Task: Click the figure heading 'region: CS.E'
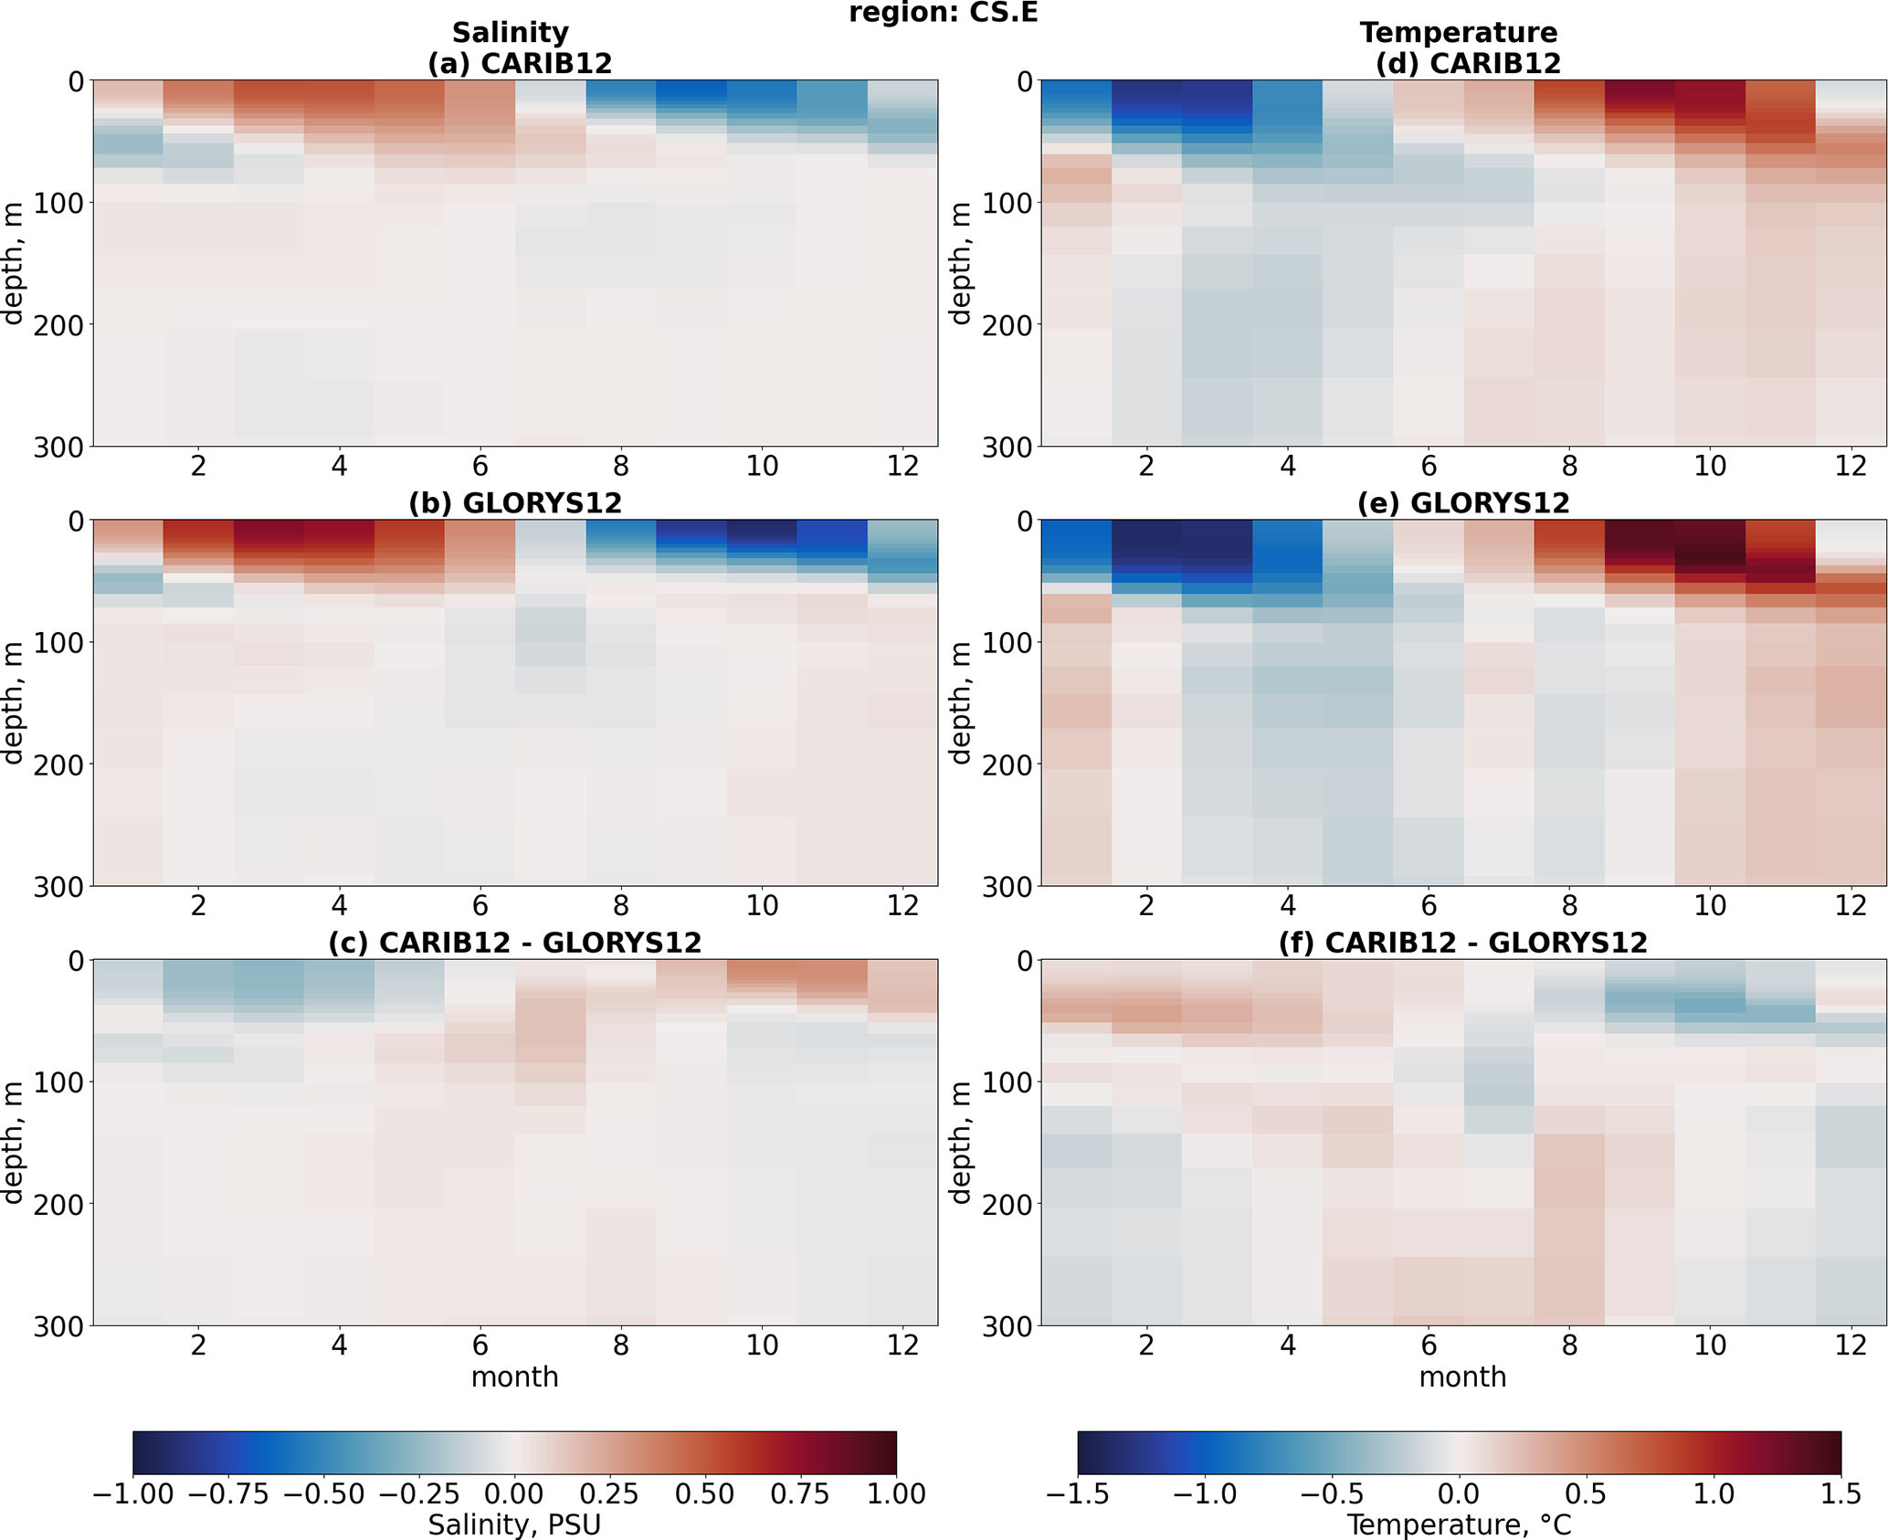[943, 13]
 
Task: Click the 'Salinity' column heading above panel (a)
[510, 33]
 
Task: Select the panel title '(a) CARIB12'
[519, 64]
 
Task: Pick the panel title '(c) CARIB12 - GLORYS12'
[514, 943]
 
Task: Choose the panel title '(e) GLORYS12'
[1462, 503]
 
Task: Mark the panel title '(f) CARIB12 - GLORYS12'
[1462, 943]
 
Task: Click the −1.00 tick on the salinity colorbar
[133, 1493]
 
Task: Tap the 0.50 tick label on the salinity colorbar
[705, 1493]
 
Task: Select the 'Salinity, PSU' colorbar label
[514, 1524]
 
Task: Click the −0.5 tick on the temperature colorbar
[1331, 1493]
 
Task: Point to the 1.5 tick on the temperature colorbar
[1841, 1493]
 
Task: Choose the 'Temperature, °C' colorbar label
[1459, 1524]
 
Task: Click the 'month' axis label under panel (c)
[514, 1377]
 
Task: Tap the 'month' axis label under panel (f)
[1462, 1377]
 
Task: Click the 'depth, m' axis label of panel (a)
[13, 263]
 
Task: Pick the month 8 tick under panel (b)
[621, 906]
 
